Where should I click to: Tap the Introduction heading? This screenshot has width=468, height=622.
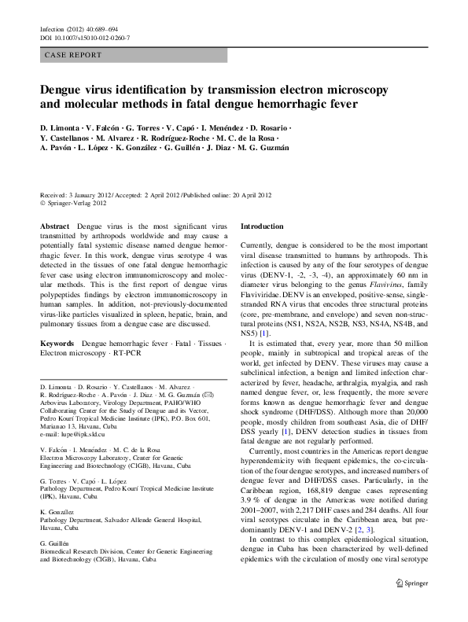click(263, 226)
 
